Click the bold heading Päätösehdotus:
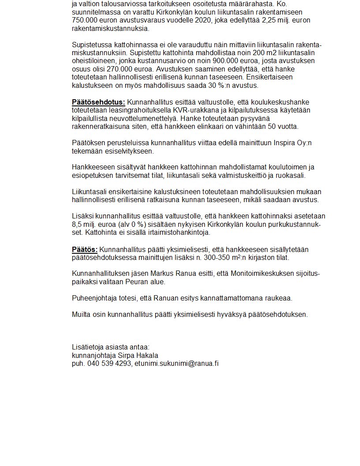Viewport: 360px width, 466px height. click(98, 102)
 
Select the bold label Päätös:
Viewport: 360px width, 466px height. click(85, 250)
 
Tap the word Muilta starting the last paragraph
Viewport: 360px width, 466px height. click(82, 315)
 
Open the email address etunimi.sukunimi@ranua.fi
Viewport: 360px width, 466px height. click(176, 364)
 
